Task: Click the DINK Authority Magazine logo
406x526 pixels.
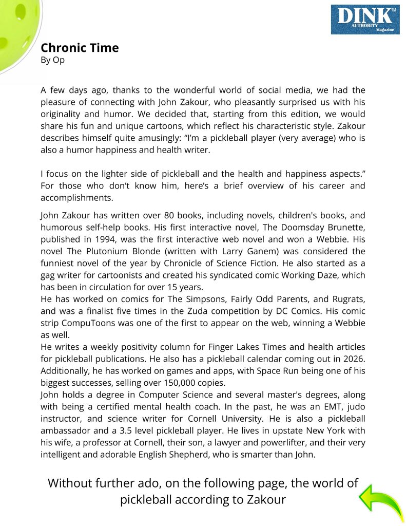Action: coord(365,20)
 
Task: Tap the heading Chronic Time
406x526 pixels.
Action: coord(80,48)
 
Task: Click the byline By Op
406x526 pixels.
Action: coord(52,60)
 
